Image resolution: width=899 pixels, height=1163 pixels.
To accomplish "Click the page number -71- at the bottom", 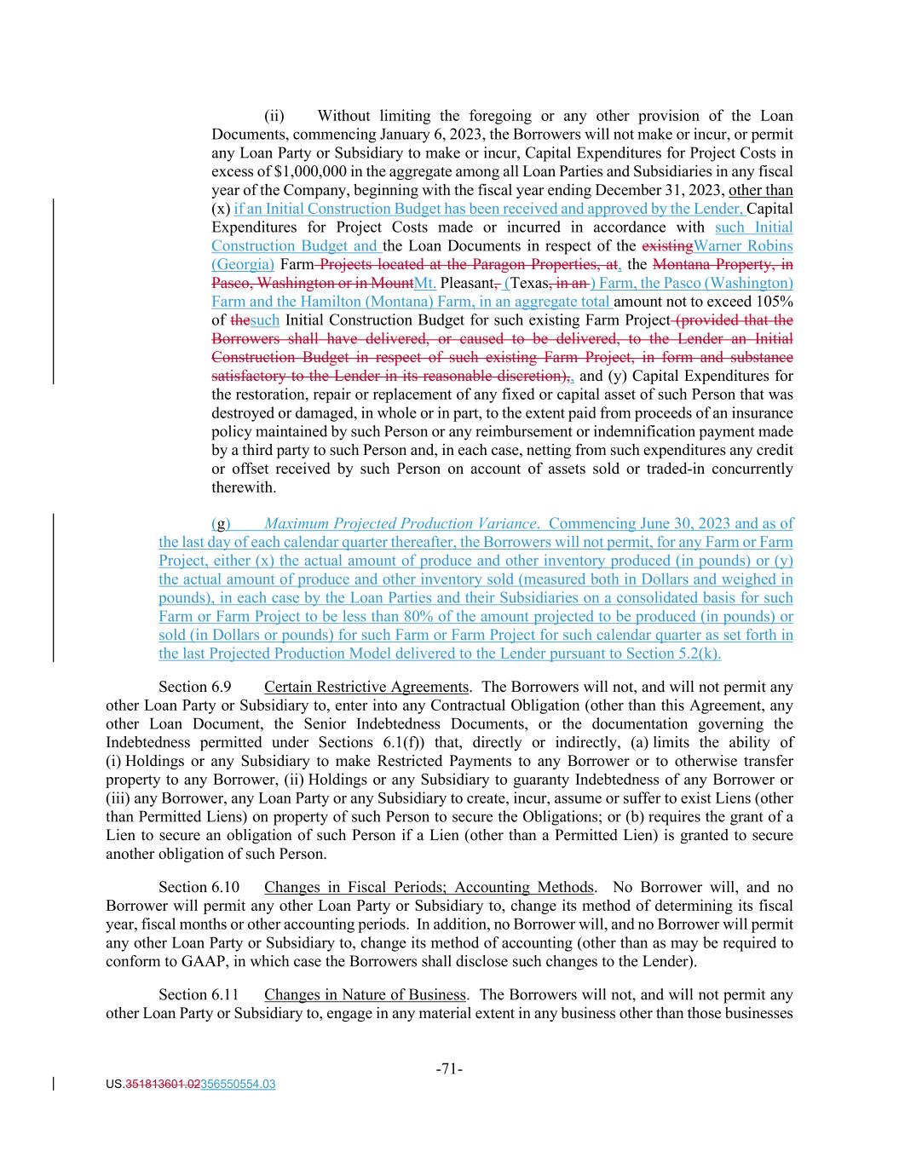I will [449, 1068].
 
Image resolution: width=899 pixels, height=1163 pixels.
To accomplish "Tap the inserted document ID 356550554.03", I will [238, 1085].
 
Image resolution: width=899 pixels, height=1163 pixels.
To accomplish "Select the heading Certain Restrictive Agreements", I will [366, 687].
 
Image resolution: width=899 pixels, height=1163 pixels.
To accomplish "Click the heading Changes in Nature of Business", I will [365, 994].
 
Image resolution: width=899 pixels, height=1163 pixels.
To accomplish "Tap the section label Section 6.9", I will [195, 687].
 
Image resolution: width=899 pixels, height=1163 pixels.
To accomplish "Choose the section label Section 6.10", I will [199, 887].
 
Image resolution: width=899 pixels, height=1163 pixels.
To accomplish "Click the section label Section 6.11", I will [199, 994].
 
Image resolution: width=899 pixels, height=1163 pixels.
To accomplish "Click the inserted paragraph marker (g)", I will [221, 523].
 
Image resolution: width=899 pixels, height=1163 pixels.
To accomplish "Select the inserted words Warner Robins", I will [743, 245].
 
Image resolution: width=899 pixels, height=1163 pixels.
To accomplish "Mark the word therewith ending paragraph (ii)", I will [244, 487].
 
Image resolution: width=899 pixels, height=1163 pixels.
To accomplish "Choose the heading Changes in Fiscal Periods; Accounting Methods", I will [429, 887].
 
